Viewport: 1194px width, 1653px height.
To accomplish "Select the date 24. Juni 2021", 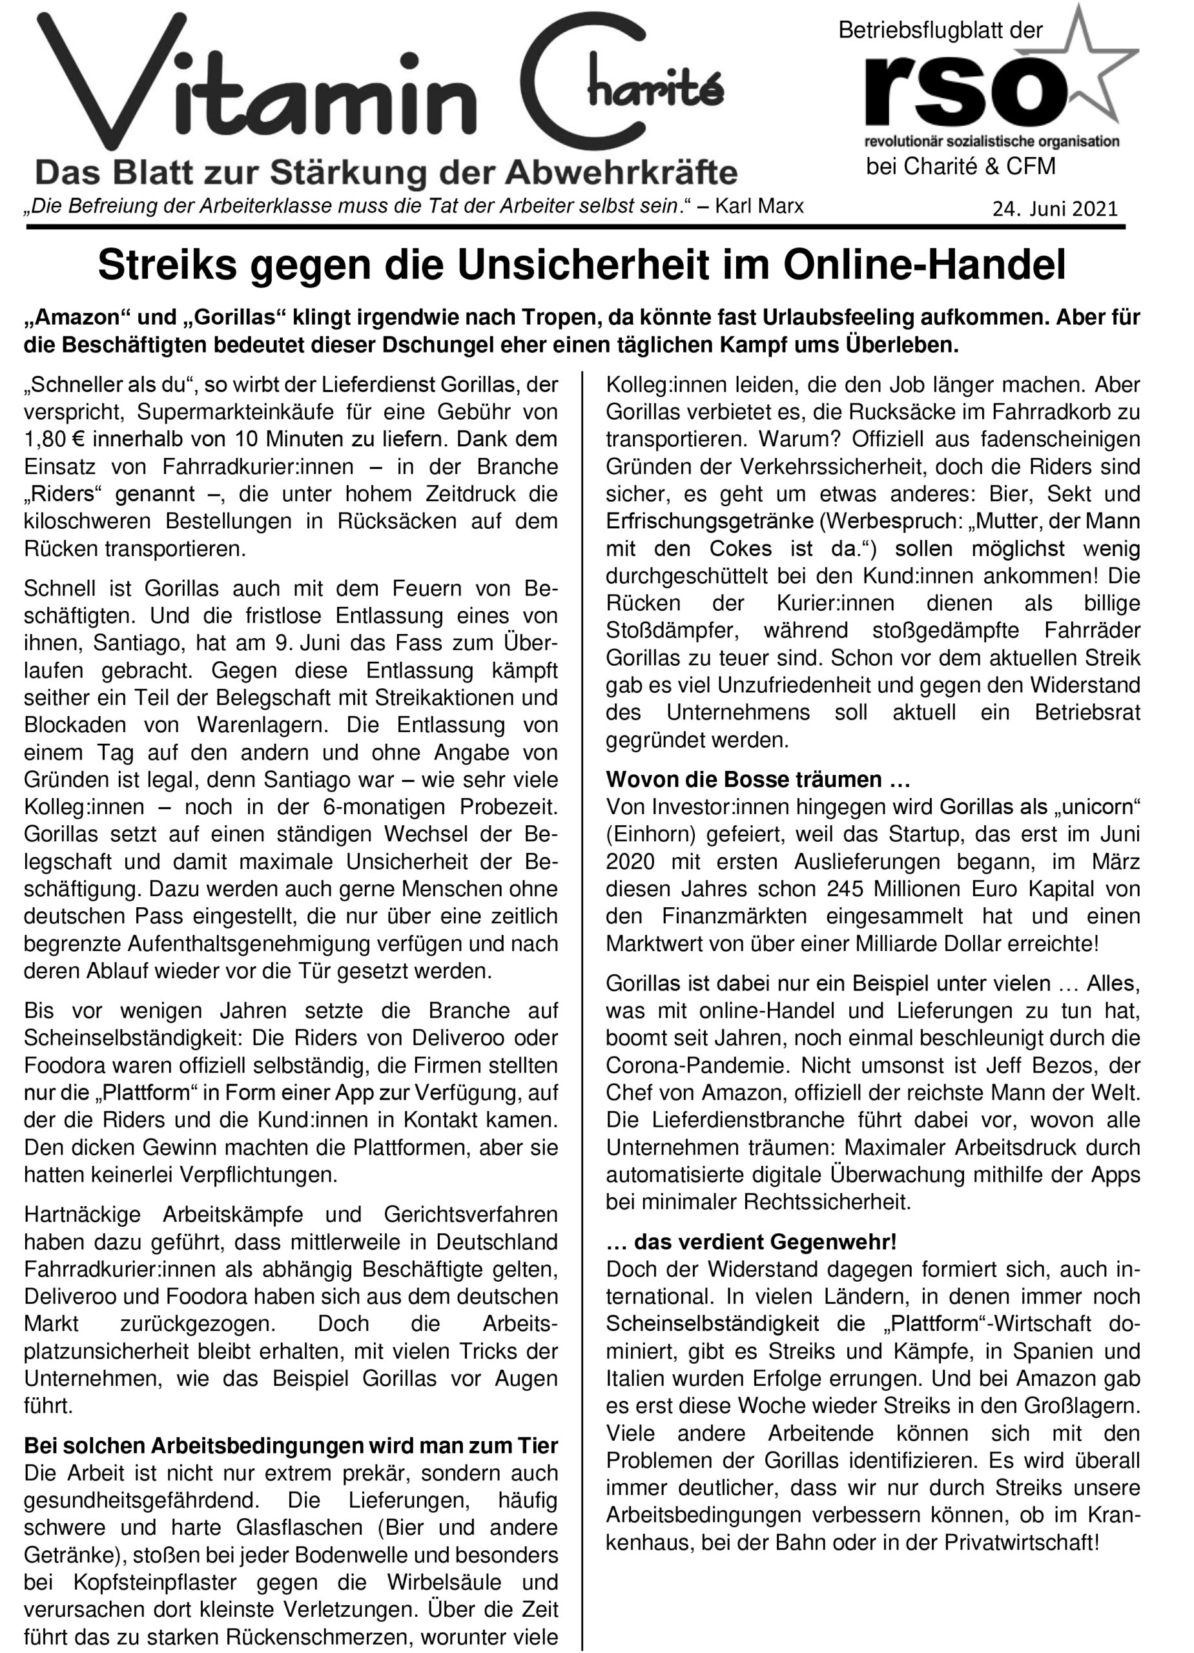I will tap(1054, 209).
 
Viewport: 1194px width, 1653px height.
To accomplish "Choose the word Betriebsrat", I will tap(1087, 712).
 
